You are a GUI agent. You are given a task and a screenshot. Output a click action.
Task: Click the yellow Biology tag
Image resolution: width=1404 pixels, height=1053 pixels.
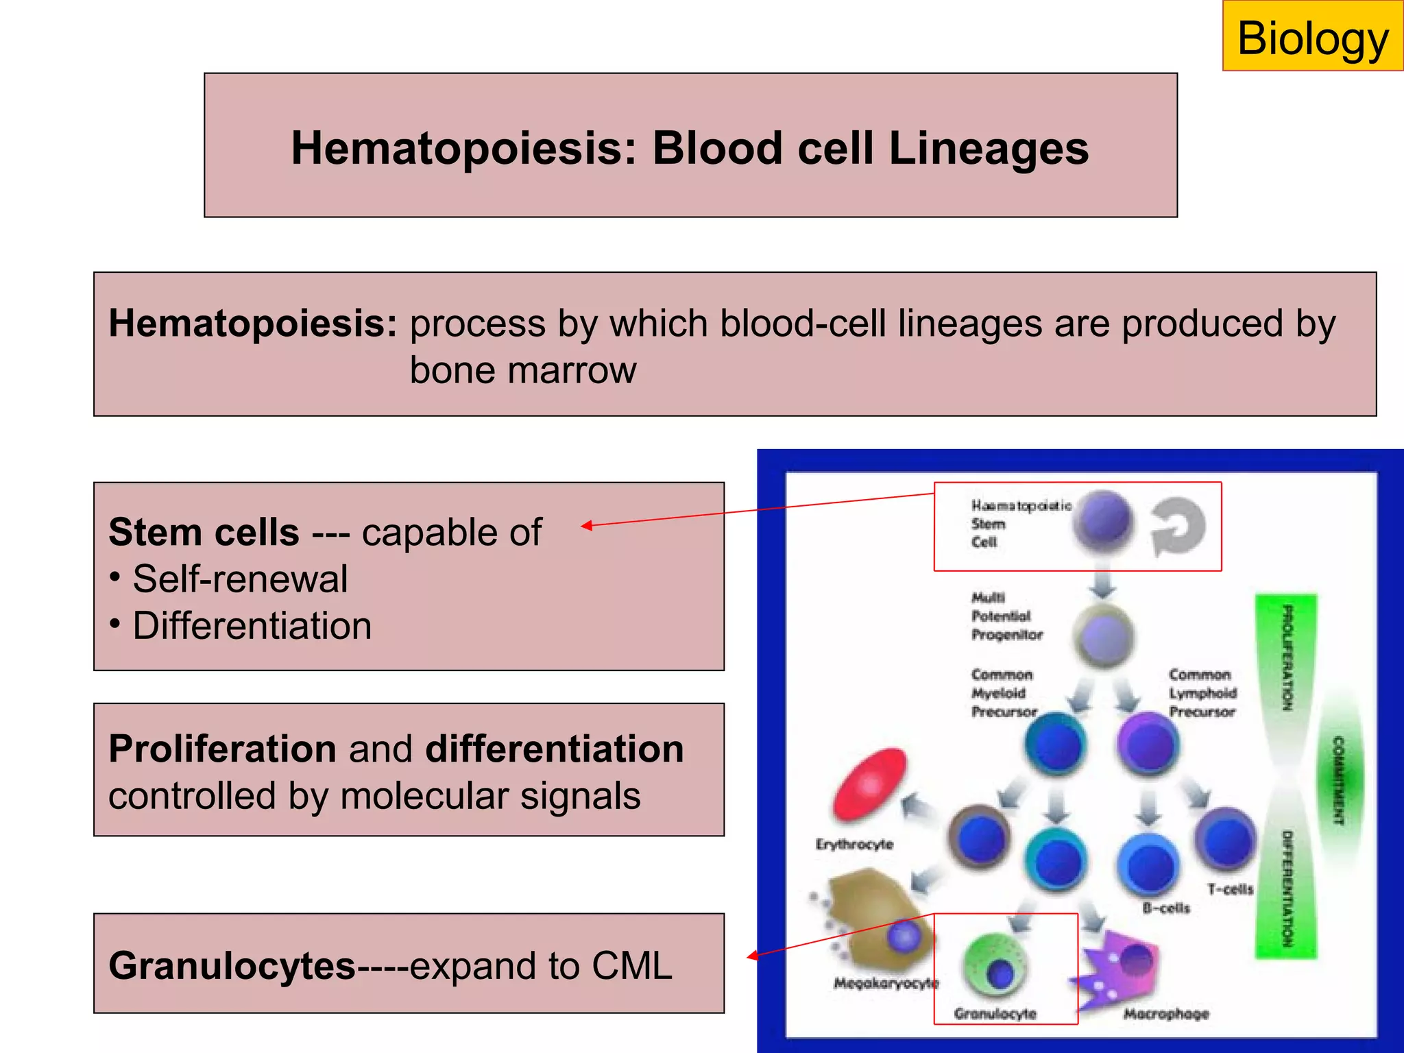coord(1312,37)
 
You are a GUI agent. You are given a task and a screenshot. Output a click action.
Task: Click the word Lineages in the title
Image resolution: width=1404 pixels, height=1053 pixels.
coord(988,148)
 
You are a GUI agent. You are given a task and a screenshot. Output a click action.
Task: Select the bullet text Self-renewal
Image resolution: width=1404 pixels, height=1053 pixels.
coord(240,579)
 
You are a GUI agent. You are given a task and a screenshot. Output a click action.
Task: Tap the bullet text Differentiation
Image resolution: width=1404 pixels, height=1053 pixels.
coord(252,626)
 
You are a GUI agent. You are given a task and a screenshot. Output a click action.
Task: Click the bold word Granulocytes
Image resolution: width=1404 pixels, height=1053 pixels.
coord(232,966)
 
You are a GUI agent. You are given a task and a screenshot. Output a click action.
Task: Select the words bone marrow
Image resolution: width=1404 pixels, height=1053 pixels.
coord(522,370)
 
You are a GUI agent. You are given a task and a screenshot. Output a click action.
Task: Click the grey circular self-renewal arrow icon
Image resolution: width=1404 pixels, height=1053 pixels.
coord(1178,526)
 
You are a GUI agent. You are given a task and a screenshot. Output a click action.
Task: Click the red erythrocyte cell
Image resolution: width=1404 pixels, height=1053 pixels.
coord(869,784)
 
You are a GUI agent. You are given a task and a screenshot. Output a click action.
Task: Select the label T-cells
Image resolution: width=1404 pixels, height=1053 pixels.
coord(1230,889)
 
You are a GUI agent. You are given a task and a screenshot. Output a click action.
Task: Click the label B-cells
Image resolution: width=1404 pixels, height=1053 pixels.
coord(1166,908)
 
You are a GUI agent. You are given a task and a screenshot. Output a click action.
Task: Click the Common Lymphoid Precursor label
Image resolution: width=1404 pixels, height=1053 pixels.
coord(1202,693)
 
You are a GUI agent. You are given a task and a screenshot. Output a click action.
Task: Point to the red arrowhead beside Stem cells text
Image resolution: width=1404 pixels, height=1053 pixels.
coord(587,526)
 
